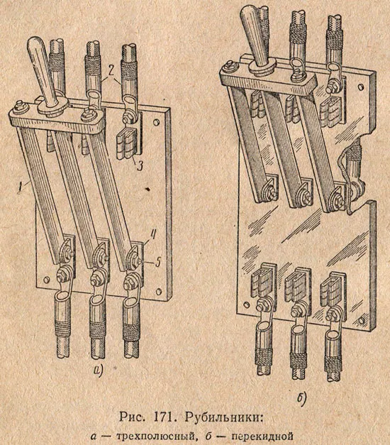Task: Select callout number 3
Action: click(139, 165)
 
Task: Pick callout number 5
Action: click(157, 262)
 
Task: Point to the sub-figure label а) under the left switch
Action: click(98, 369)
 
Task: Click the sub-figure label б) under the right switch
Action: click(301, 398)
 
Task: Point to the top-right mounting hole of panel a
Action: click(156, 122)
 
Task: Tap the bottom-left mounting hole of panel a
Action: click(45, 279)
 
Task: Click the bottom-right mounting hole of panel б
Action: click(360, 320)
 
